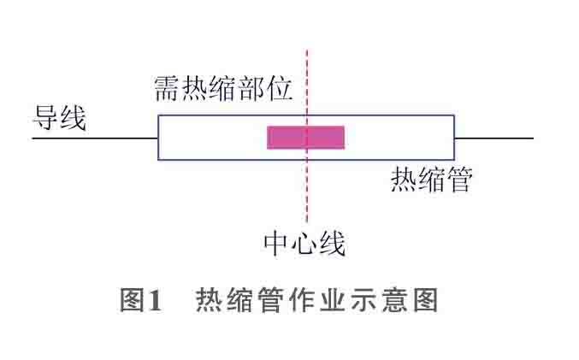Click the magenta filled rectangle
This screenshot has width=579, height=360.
(x=305, y=137)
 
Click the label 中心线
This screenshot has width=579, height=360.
(x=304, y=245)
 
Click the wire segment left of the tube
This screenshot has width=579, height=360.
(x=95, y=137)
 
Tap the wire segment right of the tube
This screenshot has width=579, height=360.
(x=493, y=137)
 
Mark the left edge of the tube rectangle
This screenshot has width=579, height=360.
(x=158, y=137)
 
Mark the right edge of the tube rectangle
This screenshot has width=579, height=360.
(x=454, y=137)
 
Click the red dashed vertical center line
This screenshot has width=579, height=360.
(x=306, y=197)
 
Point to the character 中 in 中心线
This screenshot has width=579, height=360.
(x=277, y=245)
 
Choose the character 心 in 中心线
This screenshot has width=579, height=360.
(x=304, y=245)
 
